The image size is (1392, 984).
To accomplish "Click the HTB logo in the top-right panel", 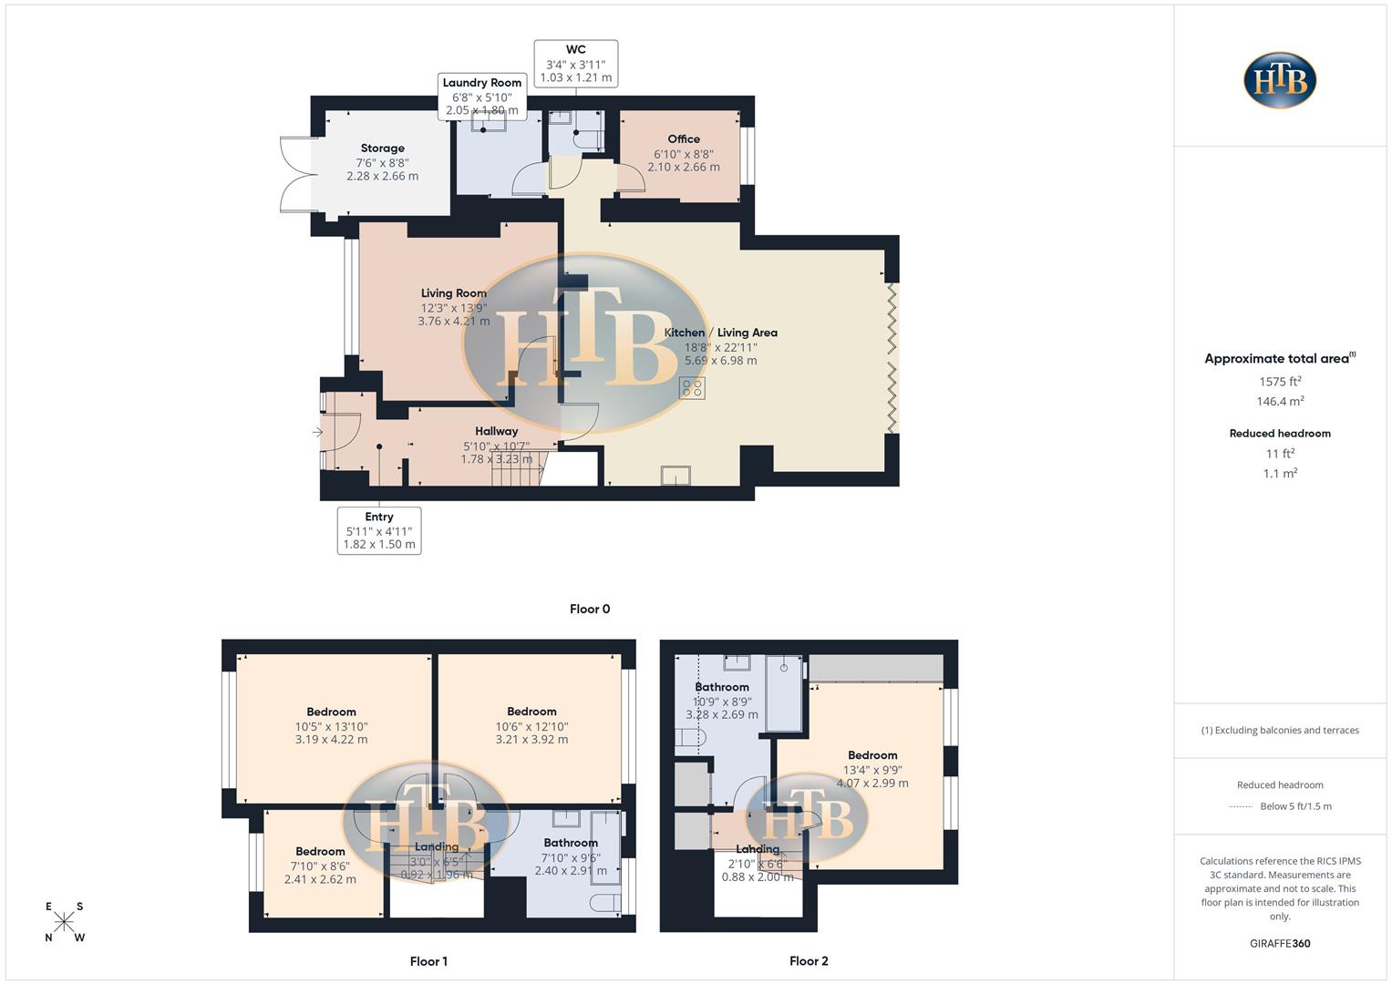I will coord(1280,80).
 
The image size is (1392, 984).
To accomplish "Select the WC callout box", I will coord(576,64).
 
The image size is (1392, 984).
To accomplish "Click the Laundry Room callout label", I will coord(482,96).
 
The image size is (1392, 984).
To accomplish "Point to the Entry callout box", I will coord(379,530).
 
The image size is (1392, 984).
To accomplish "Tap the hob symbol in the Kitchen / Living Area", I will coord(692,388).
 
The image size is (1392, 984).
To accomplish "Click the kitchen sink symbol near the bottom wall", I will coord(675,476).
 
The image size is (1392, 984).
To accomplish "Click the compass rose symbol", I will coord(64,922).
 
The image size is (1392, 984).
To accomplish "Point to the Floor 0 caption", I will coord(590,609).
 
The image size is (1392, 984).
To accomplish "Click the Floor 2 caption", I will coord(809,960).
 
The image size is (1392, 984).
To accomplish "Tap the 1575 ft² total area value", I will coord(1280,382).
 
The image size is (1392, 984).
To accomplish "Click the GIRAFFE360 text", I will coord(1280,943).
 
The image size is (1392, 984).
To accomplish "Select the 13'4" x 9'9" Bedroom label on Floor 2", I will coord(872,769).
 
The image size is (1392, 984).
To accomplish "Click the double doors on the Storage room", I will coord(297,174).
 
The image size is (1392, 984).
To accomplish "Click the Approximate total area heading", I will coord(1280,359).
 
